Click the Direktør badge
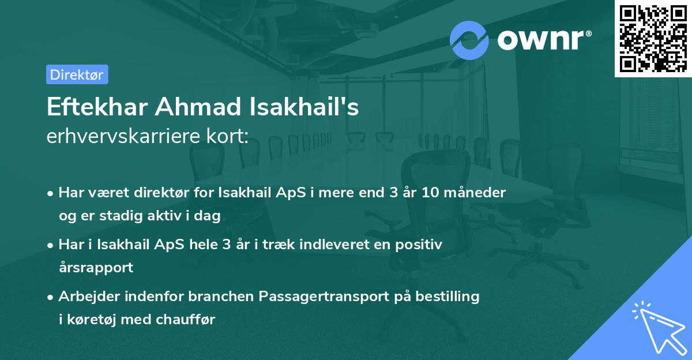click(x=77, y=74)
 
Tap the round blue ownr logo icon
click(x=469, y=40)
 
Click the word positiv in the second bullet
click(x=420, y=245)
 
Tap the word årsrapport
click(x=96, y=267)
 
